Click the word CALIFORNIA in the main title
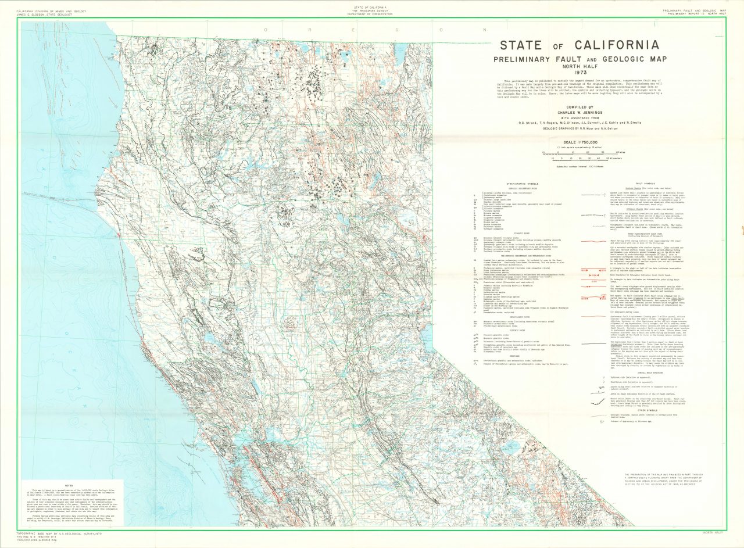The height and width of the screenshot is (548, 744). pos(617,45)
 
